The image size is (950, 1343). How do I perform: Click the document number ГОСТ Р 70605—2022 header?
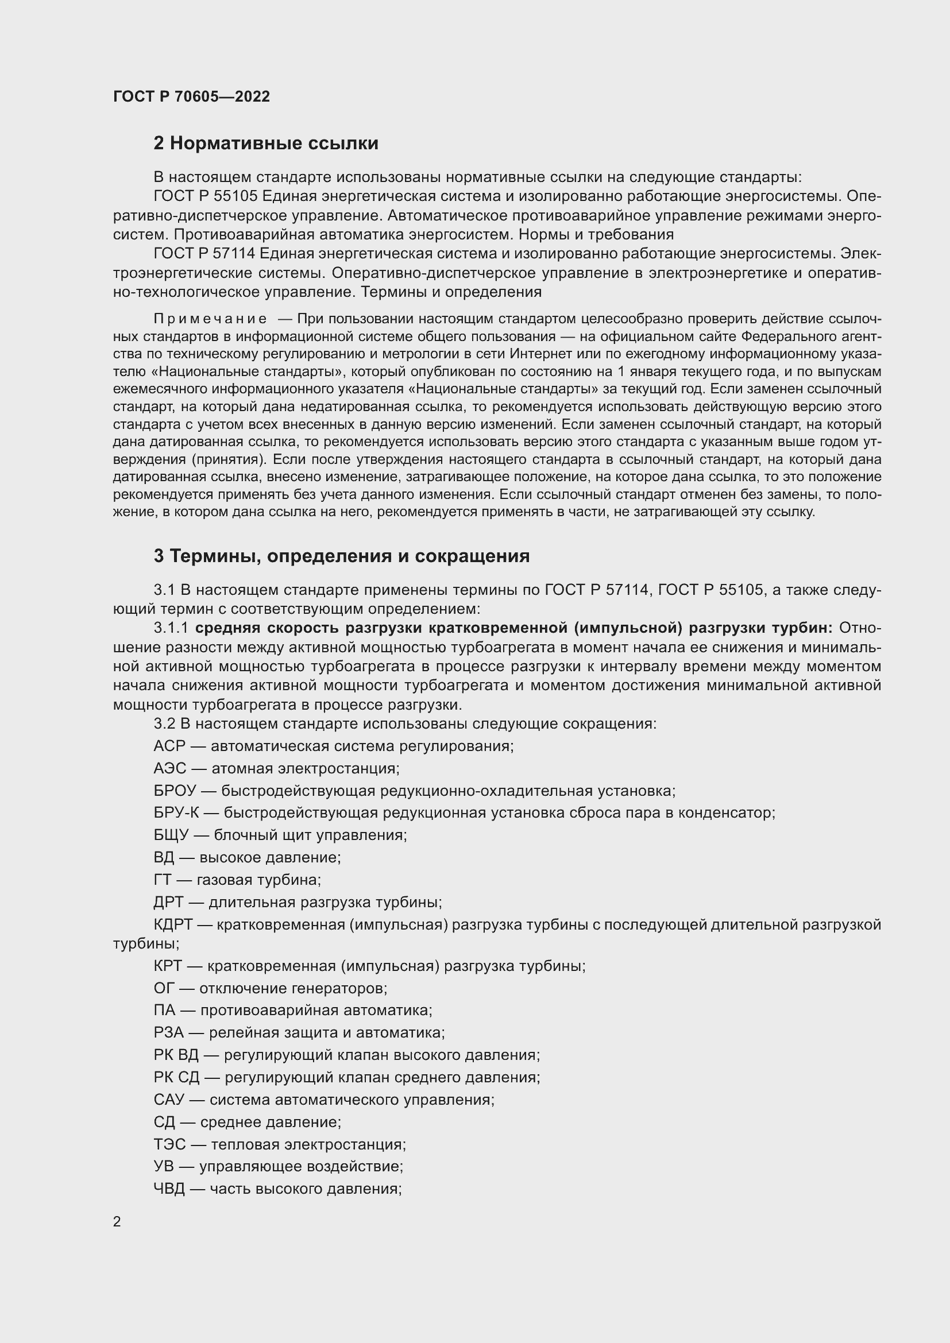(x=191, y=96)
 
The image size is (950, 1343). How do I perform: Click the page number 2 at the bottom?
(x=117, y=1221)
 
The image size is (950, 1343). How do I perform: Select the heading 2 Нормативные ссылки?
(x=265, y=144)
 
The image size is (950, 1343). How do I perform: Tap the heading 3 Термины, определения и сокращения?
(x=342, y=556)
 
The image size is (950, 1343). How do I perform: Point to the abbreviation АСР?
(x=169, y=746)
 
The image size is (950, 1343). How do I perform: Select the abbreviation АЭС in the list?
(x=169, y=768)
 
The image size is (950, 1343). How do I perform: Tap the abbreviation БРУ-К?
(x=176, y=813)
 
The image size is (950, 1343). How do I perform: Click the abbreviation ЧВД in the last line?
(x=169, y=1189)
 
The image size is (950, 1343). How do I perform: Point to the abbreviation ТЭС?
(x=169, y=1144)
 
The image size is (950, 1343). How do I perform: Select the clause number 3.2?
(x=164, y=723)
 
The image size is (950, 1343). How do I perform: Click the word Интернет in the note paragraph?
(x=536, y=354)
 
